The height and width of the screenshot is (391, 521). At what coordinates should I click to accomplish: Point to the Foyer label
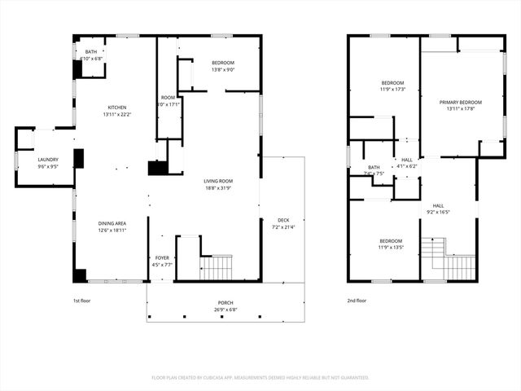(162, 261)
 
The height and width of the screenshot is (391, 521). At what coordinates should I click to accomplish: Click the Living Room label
(219, 185)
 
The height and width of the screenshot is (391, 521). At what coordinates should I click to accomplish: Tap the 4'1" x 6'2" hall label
(405, 163)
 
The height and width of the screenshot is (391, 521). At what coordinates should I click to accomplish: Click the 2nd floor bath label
(374, 169)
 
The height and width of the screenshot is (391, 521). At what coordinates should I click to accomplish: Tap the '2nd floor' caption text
(357, 301)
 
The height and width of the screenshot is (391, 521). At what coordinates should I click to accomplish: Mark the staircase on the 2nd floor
(458, 266)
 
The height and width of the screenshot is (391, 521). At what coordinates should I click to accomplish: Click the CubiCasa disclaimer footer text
(260, 377)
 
